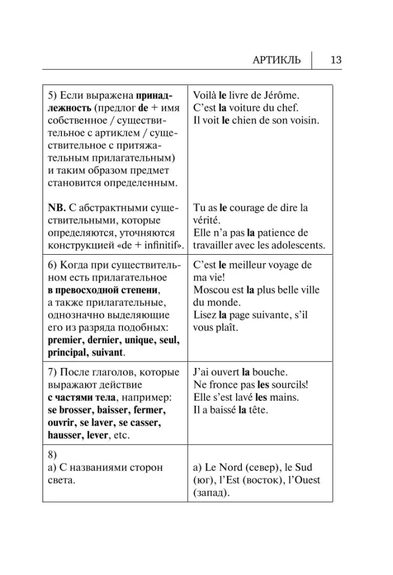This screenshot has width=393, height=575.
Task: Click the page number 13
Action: [336, 60]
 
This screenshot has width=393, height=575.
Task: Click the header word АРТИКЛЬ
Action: [277, 60]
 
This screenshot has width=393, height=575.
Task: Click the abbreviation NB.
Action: [57, 208]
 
